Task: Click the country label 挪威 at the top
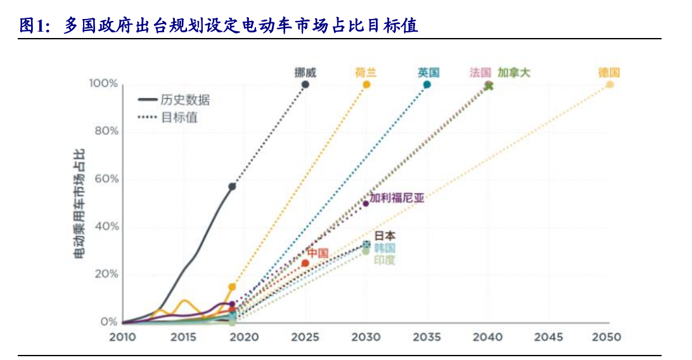point(305,72)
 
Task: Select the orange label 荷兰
point(366,72)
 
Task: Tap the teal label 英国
point(428,72)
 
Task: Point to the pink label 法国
point(480,72)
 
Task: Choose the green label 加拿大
point(513,72)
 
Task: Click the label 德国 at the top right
point(609,72)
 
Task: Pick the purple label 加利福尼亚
point(397,198)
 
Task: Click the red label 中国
point(317,254)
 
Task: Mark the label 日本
point(385,236)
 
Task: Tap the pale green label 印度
point(384,260)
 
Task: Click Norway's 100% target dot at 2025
point(305,84)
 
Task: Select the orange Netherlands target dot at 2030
point(366,84)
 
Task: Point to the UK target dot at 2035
point(427,84)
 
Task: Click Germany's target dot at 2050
point(610,84)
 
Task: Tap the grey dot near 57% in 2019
point(232,186)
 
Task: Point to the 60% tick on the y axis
point(104,179)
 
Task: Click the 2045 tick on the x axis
point(548,337)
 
